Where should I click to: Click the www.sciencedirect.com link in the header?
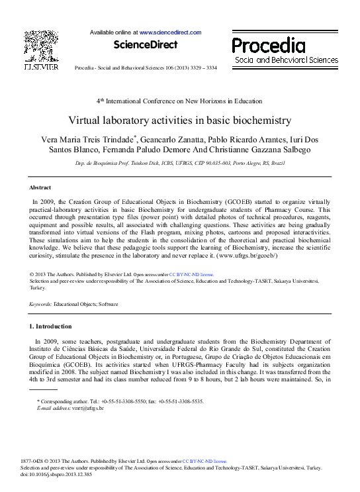[170, 32]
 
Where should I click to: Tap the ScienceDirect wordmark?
[146, 45]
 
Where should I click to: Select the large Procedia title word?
[268, 46]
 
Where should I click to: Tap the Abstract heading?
[42, 188]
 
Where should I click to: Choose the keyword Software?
[107, 304]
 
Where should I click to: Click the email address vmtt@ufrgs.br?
[89, 409]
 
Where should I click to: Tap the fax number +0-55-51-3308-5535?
[181, 401]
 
